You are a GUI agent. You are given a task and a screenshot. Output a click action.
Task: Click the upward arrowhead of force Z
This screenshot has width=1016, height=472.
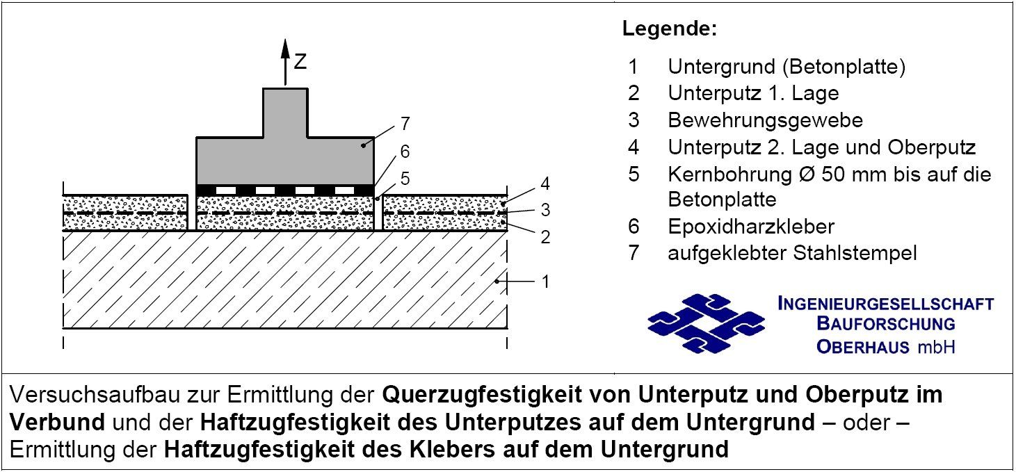click(285, 49)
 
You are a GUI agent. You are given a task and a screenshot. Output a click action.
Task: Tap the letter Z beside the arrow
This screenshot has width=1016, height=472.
click(300, 62)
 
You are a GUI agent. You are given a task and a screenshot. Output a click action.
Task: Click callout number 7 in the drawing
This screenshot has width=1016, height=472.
click(405, 123)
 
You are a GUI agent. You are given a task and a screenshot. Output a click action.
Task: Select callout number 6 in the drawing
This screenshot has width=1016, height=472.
click(405, 152)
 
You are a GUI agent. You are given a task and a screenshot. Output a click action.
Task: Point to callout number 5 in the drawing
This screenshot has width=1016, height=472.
click(405, 179)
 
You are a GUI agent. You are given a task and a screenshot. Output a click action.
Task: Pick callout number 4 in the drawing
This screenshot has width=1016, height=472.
click(545, 184)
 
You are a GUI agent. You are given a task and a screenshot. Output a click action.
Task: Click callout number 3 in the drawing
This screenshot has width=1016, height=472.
click(546, 210)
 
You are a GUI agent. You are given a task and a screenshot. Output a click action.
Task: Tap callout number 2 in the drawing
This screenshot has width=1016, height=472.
click(546, 236)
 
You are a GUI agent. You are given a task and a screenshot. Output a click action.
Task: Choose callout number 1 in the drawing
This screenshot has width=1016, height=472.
click(546, 282)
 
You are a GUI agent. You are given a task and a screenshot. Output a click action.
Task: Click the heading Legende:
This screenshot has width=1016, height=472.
click(670, 28)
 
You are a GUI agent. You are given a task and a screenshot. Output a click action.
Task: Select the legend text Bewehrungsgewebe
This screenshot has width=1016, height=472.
click(765, 120)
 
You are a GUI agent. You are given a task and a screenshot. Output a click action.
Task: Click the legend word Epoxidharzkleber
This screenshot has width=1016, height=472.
click(751, 226)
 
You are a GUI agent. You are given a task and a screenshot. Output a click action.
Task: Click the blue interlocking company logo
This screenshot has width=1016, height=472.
click(707, 323)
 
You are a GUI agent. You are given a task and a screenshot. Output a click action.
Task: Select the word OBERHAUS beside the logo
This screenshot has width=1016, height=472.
click(863, 347)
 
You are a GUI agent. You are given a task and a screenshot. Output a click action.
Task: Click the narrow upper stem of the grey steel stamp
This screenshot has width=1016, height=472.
click(285, 113)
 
